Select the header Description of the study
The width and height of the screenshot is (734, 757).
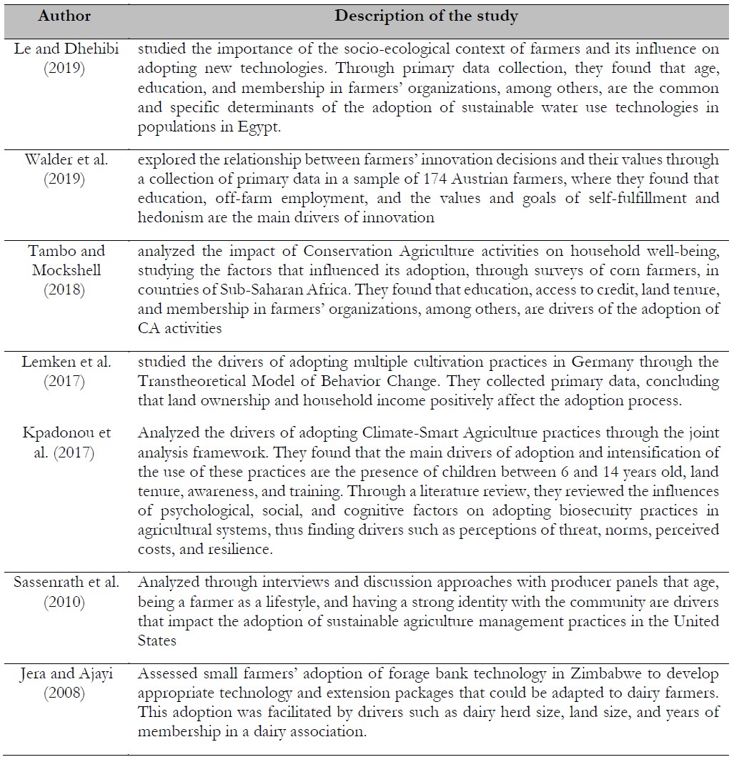(x=427, y=15)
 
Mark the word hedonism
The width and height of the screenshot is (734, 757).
(x=169, y=216)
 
